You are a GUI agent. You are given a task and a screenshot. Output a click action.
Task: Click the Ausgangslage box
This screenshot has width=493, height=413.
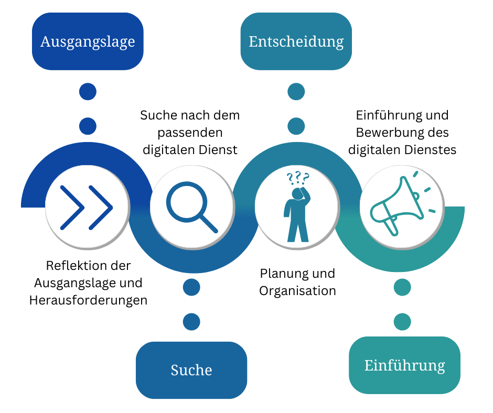pos(88,41)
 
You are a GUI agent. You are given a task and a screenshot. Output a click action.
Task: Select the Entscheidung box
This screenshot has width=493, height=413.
pos(296,41)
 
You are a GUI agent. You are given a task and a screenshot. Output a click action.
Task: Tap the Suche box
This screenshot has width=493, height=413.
pos(191,370)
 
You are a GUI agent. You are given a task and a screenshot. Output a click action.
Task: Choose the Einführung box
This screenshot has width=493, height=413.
pos(404,365)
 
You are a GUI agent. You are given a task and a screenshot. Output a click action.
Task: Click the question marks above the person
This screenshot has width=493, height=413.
pos(298,178)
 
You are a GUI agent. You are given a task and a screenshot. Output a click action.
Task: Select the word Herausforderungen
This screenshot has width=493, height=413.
pos(88,301)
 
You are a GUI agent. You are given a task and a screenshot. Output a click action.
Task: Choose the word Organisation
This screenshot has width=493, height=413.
pos(297,291)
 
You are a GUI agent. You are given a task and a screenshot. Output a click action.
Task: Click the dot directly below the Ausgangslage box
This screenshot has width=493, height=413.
pos(88,92)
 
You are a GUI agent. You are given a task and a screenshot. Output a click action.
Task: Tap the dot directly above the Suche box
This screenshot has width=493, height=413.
pos(191,321)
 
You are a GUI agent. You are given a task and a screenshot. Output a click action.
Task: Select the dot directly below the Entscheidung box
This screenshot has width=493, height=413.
pos(296,92)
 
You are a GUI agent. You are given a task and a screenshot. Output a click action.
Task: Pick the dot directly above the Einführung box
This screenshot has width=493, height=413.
pos(402,321)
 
